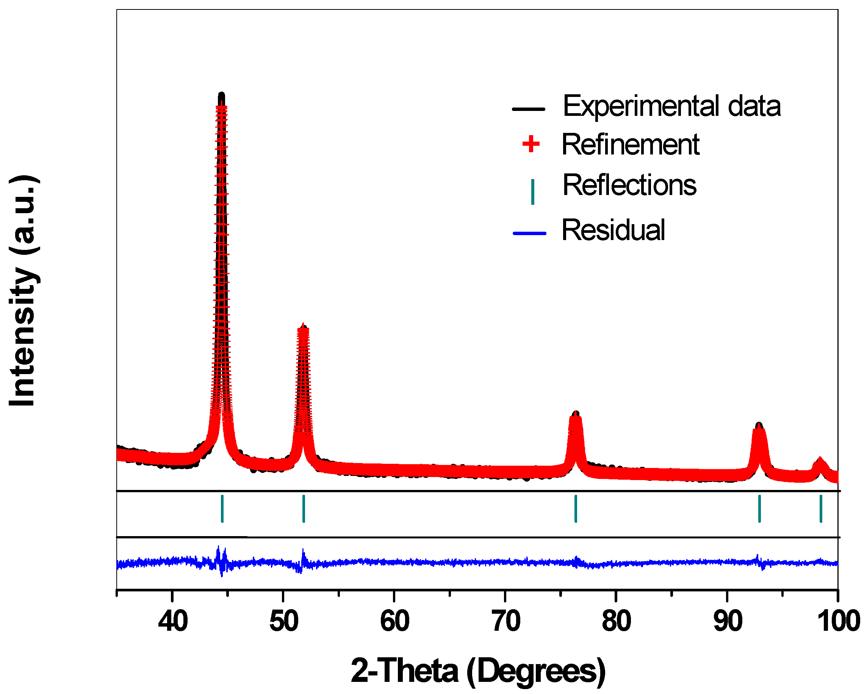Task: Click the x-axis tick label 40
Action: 173,621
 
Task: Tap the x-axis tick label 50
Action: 284,621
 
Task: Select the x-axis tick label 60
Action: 395,621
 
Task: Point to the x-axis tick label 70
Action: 506,621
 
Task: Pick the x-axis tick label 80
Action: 617,621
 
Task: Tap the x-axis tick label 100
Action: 839,621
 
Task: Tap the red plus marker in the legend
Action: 531,144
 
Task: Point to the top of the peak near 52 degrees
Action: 303,326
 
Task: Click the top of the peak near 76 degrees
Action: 576,413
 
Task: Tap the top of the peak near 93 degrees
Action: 759,425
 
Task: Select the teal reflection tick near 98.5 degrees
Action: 821,509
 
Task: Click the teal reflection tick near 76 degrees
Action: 576,509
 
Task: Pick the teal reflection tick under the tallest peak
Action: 222,509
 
